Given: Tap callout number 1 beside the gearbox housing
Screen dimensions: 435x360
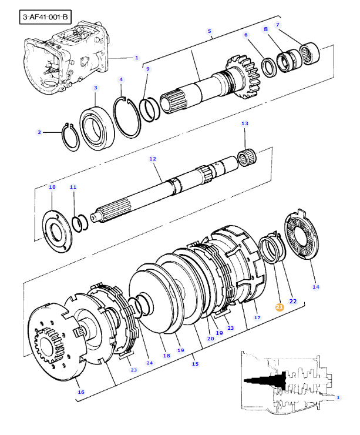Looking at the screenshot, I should pyautogui.click(x=137, y=58).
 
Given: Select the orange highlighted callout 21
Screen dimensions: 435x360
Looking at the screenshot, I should pyautogui.click(x=280, y=306).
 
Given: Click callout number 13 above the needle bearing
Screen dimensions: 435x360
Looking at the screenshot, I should pyautogui.click(x=245, y=123).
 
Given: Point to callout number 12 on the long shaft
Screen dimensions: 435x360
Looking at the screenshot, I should pyautogui.click(x=153, y=159).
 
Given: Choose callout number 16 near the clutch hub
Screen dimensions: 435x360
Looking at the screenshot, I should pyautogui.click(x=80, y=391).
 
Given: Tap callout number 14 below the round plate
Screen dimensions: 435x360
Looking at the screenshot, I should pyautogui.click(x=316, y=287).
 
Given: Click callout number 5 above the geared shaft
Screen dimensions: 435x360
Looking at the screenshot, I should pyautogui.click(x=210, y=31).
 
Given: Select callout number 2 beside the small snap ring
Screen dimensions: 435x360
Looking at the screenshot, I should pyautogui.click(x=39, y=132).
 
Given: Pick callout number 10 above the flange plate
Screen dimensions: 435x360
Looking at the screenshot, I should pyautogui.click(x=52, y=187).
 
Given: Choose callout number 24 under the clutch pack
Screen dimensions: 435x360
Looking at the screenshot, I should pyautogui.click(x=149, y=363).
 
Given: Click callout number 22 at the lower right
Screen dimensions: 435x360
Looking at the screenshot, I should pyautogui.click(x=293, y=301).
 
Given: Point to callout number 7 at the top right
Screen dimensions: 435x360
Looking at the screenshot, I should pyautogui.click(x=278, y=25).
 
